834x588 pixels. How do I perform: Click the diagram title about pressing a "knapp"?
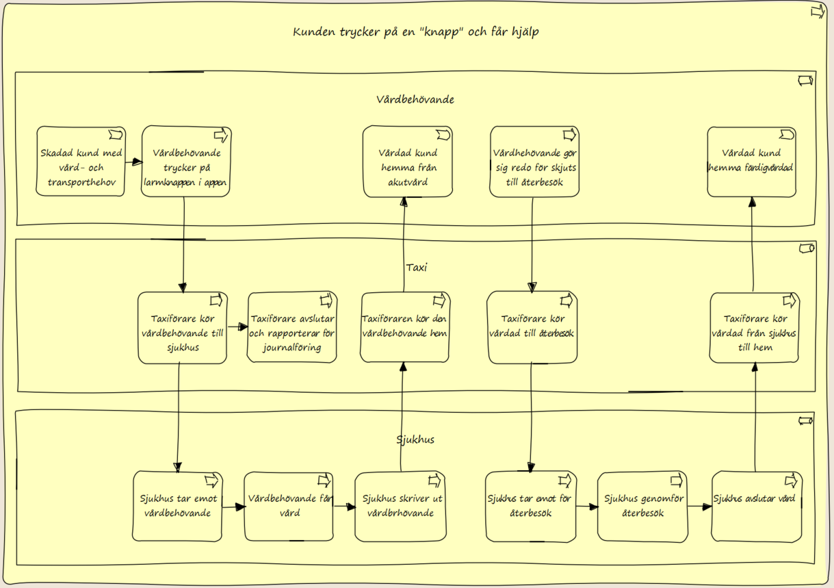tap(415, 32)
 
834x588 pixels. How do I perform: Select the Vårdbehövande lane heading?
tap(415, 99)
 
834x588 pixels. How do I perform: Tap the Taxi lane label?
tap(416, 268)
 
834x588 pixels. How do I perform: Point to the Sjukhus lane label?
tap(415, 440)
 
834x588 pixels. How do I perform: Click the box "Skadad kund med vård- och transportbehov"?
tap(81, 162)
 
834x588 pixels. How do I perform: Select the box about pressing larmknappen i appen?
tap(186, 162)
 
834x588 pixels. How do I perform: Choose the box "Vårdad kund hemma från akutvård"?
tap(408, 162)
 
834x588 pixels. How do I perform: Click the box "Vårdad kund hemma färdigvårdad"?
tap(752, 162)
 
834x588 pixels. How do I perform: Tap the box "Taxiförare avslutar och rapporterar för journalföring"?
tap(292, 327)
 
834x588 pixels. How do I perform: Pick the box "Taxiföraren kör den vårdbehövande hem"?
tap(405, 327)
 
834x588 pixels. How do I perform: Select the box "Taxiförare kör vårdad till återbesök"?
tap(532, 327)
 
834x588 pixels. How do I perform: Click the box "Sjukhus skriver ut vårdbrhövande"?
tap(401, 507)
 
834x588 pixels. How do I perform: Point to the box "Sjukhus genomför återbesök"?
tap(642, 507)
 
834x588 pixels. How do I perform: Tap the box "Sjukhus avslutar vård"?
tap(757, 507)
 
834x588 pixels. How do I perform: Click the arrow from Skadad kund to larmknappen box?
tap(133, 162)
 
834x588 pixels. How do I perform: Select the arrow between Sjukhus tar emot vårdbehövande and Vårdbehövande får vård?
tap(233, 507)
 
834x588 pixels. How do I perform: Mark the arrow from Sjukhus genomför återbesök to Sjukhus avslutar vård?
tap(700, 507)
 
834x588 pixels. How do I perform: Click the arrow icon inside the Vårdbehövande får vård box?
tap(324, 481)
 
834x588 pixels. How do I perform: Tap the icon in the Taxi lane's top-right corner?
tap(807, 248)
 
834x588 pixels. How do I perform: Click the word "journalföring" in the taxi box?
tap(292, 348)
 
